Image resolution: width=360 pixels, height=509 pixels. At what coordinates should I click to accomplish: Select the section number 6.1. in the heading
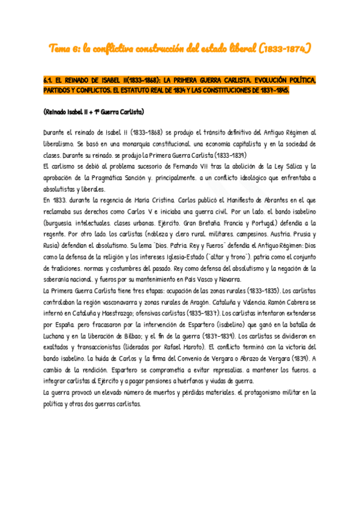[49, 80]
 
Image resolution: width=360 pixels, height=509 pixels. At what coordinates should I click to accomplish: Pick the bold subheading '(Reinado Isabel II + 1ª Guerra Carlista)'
[94, 112]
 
